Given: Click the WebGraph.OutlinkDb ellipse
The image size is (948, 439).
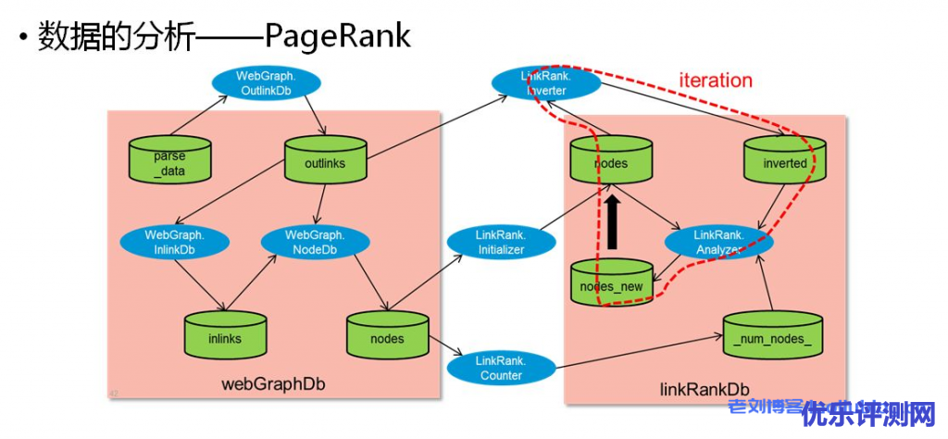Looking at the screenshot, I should [267, 82].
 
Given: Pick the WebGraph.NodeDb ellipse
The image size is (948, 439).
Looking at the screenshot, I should [315, 242].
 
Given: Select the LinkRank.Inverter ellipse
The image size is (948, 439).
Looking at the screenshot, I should [545, 82].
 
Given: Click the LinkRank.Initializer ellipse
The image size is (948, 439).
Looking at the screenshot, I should [501, 243].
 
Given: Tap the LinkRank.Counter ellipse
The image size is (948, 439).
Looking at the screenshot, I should [501, 368].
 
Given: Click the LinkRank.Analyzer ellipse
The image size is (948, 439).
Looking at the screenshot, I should [718, 243].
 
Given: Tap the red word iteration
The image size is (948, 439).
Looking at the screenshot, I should [716, 80].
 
